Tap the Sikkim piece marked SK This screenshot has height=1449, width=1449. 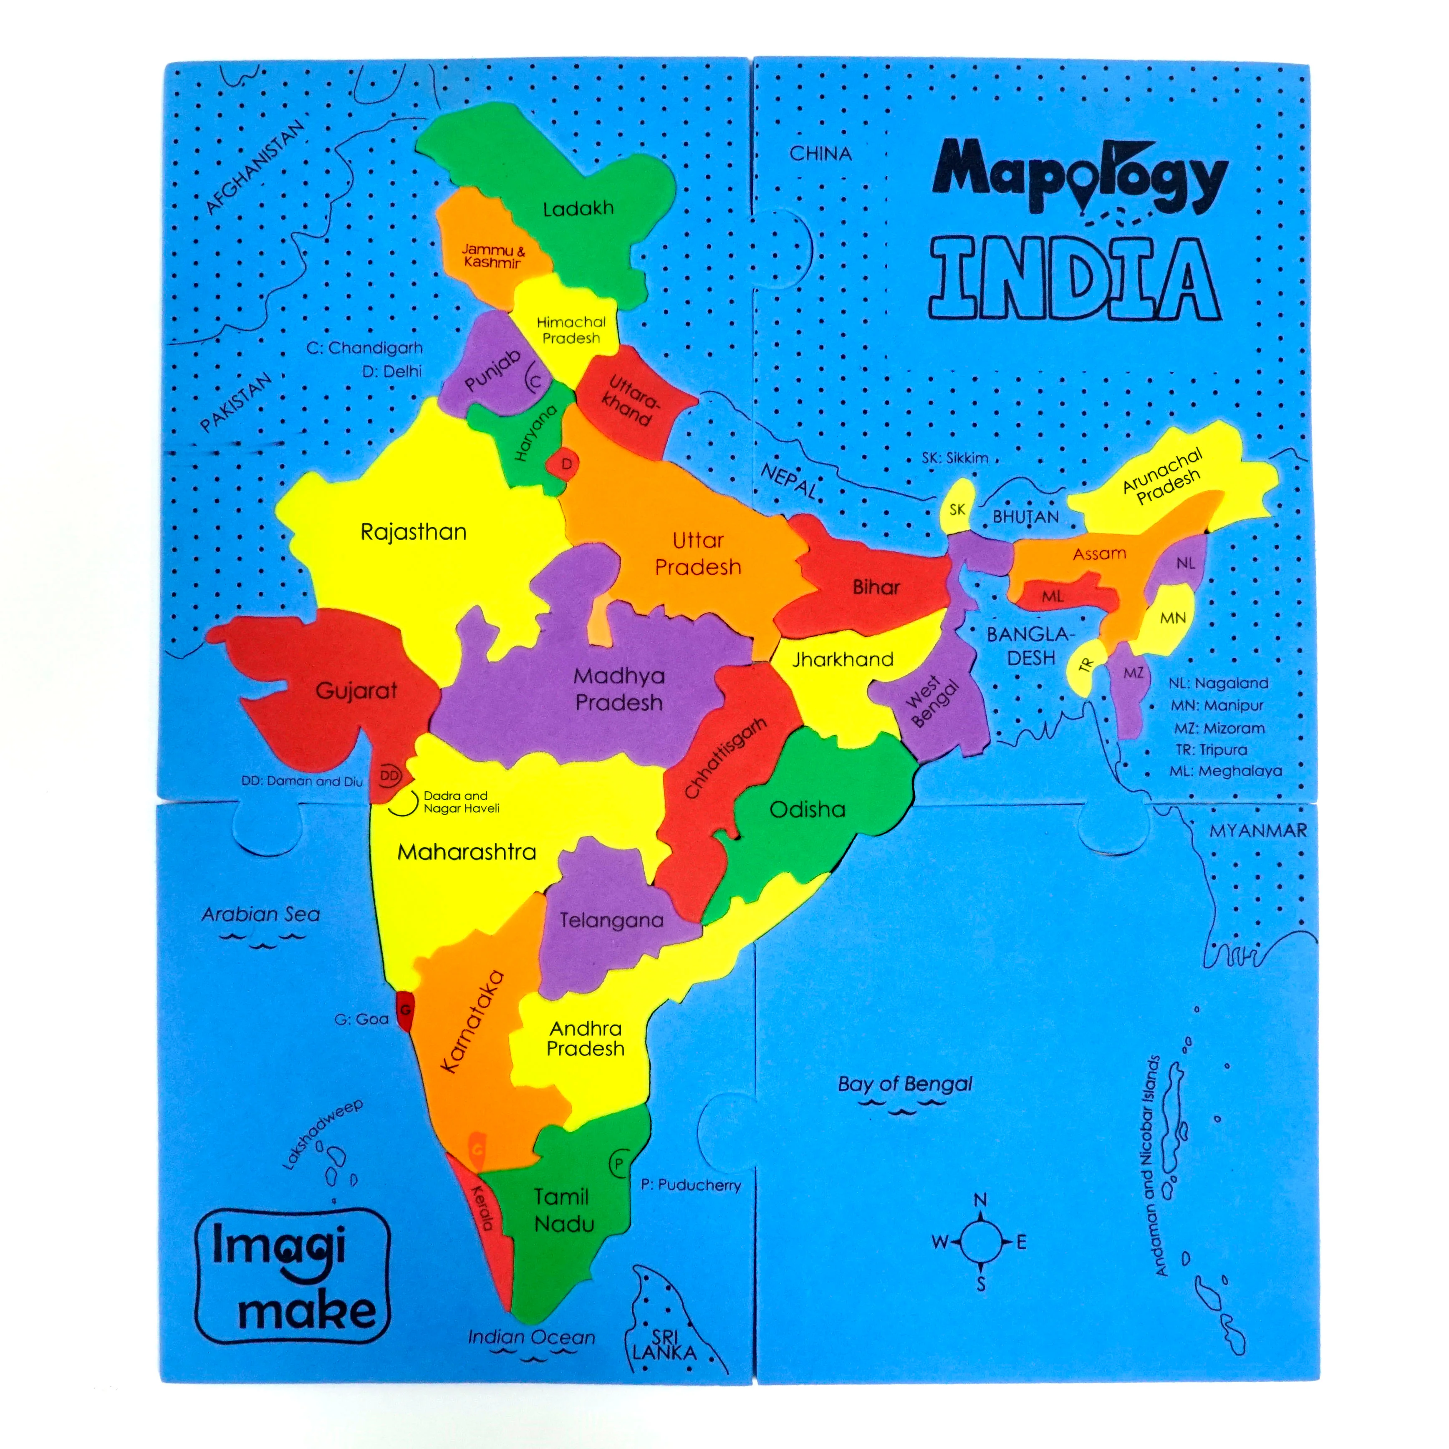pos(957,510)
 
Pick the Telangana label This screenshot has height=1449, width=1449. pos(611,920)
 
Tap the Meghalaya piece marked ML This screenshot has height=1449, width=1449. pos(1052,596)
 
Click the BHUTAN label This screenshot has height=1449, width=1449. pos(1025,517)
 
